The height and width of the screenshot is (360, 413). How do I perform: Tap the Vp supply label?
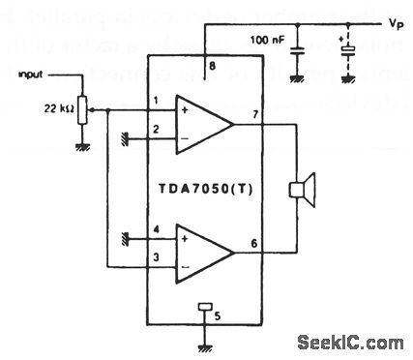tap(395, 19)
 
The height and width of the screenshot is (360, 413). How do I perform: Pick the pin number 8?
tap(213, 64)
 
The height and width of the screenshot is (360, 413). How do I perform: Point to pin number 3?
tap(156, 256)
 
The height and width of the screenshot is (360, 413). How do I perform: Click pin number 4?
tap(156, 229)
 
